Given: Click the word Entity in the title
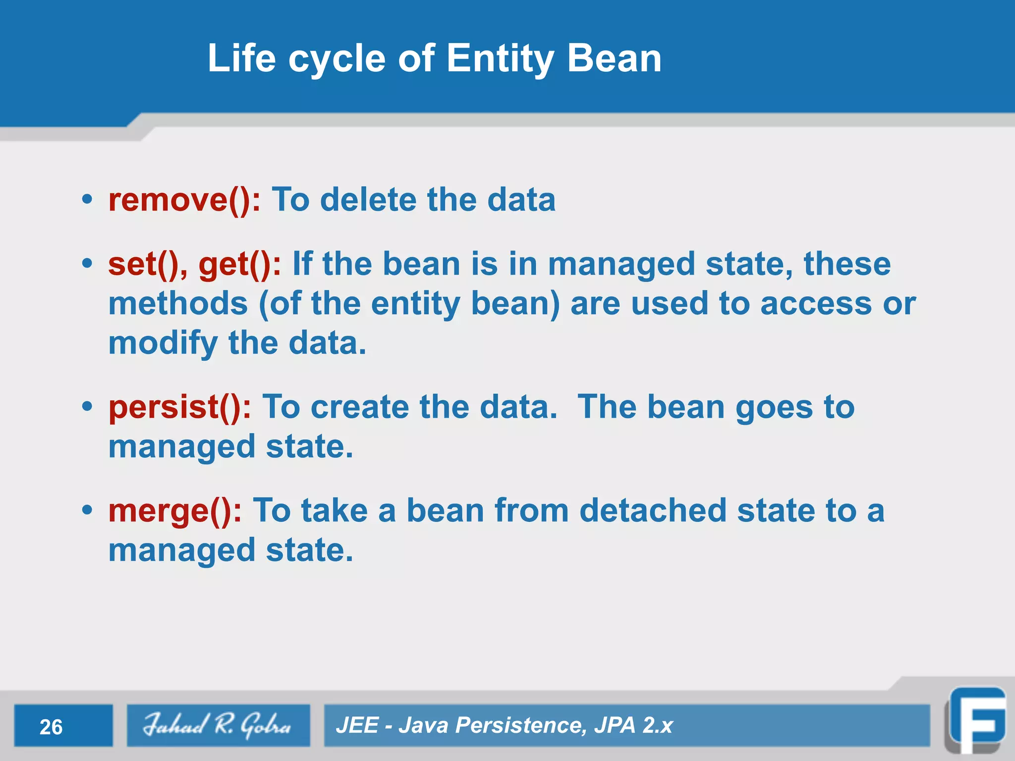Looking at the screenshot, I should tap(500, 58).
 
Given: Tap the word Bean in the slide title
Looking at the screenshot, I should tap(614, 58).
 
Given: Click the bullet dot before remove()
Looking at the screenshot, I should tap(87, 200).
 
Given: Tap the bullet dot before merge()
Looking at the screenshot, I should tap(87, 510).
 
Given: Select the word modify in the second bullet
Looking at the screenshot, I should tap(163, 343).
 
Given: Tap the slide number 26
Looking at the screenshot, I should tap(51, 727).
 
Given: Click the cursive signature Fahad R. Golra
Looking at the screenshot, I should tap(217, 725).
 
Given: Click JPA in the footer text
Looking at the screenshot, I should tap(615, 725).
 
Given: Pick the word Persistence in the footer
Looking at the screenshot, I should tap(517, 725).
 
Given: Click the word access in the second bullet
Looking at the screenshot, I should tap(815, 303).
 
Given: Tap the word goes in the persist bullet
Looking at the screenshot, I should tap(774, 407).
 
